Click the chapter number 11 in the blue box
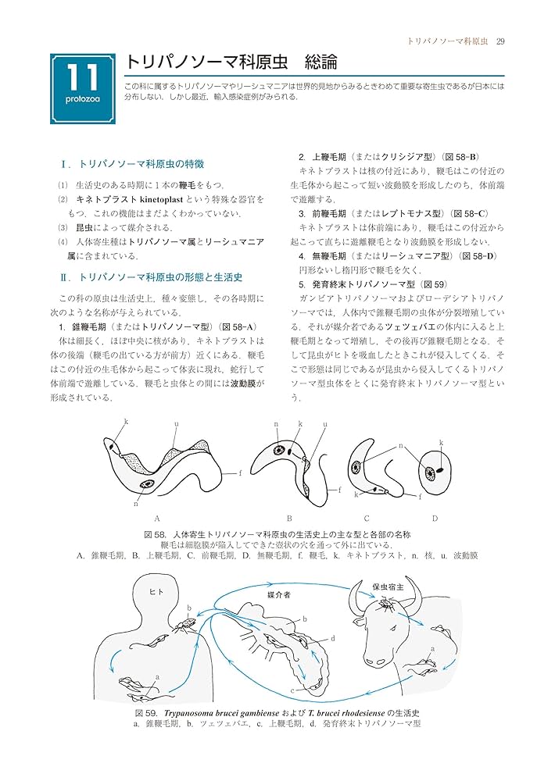pyautogui.click(x=82, y=79)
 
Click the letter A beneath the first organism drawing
pyautogui.click(x=157, y=518)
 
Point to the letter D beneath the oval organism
pyautogui.click(x=435, y=518)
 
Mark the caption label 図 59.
pyautogui.click(x=146, y=713)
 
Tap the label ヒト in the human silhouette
pyautogui.click(x=156, y=592)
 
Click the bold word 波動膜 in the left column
pyautogui.click(x=249, y=383)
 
